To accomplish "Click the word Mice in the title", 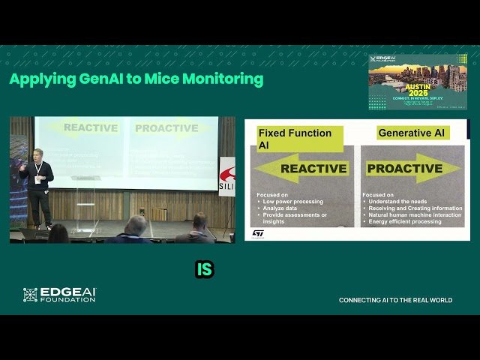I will (x=166, y=79).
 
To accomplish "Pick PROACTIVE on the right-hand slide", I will (x=404, y=169).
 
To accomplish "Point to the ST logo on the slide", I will (x=258, y=233).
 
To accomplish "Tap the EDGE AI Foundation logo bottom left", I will (x=59, y=295).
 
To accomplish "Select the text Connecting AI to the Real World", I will (x=395, y=300).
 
